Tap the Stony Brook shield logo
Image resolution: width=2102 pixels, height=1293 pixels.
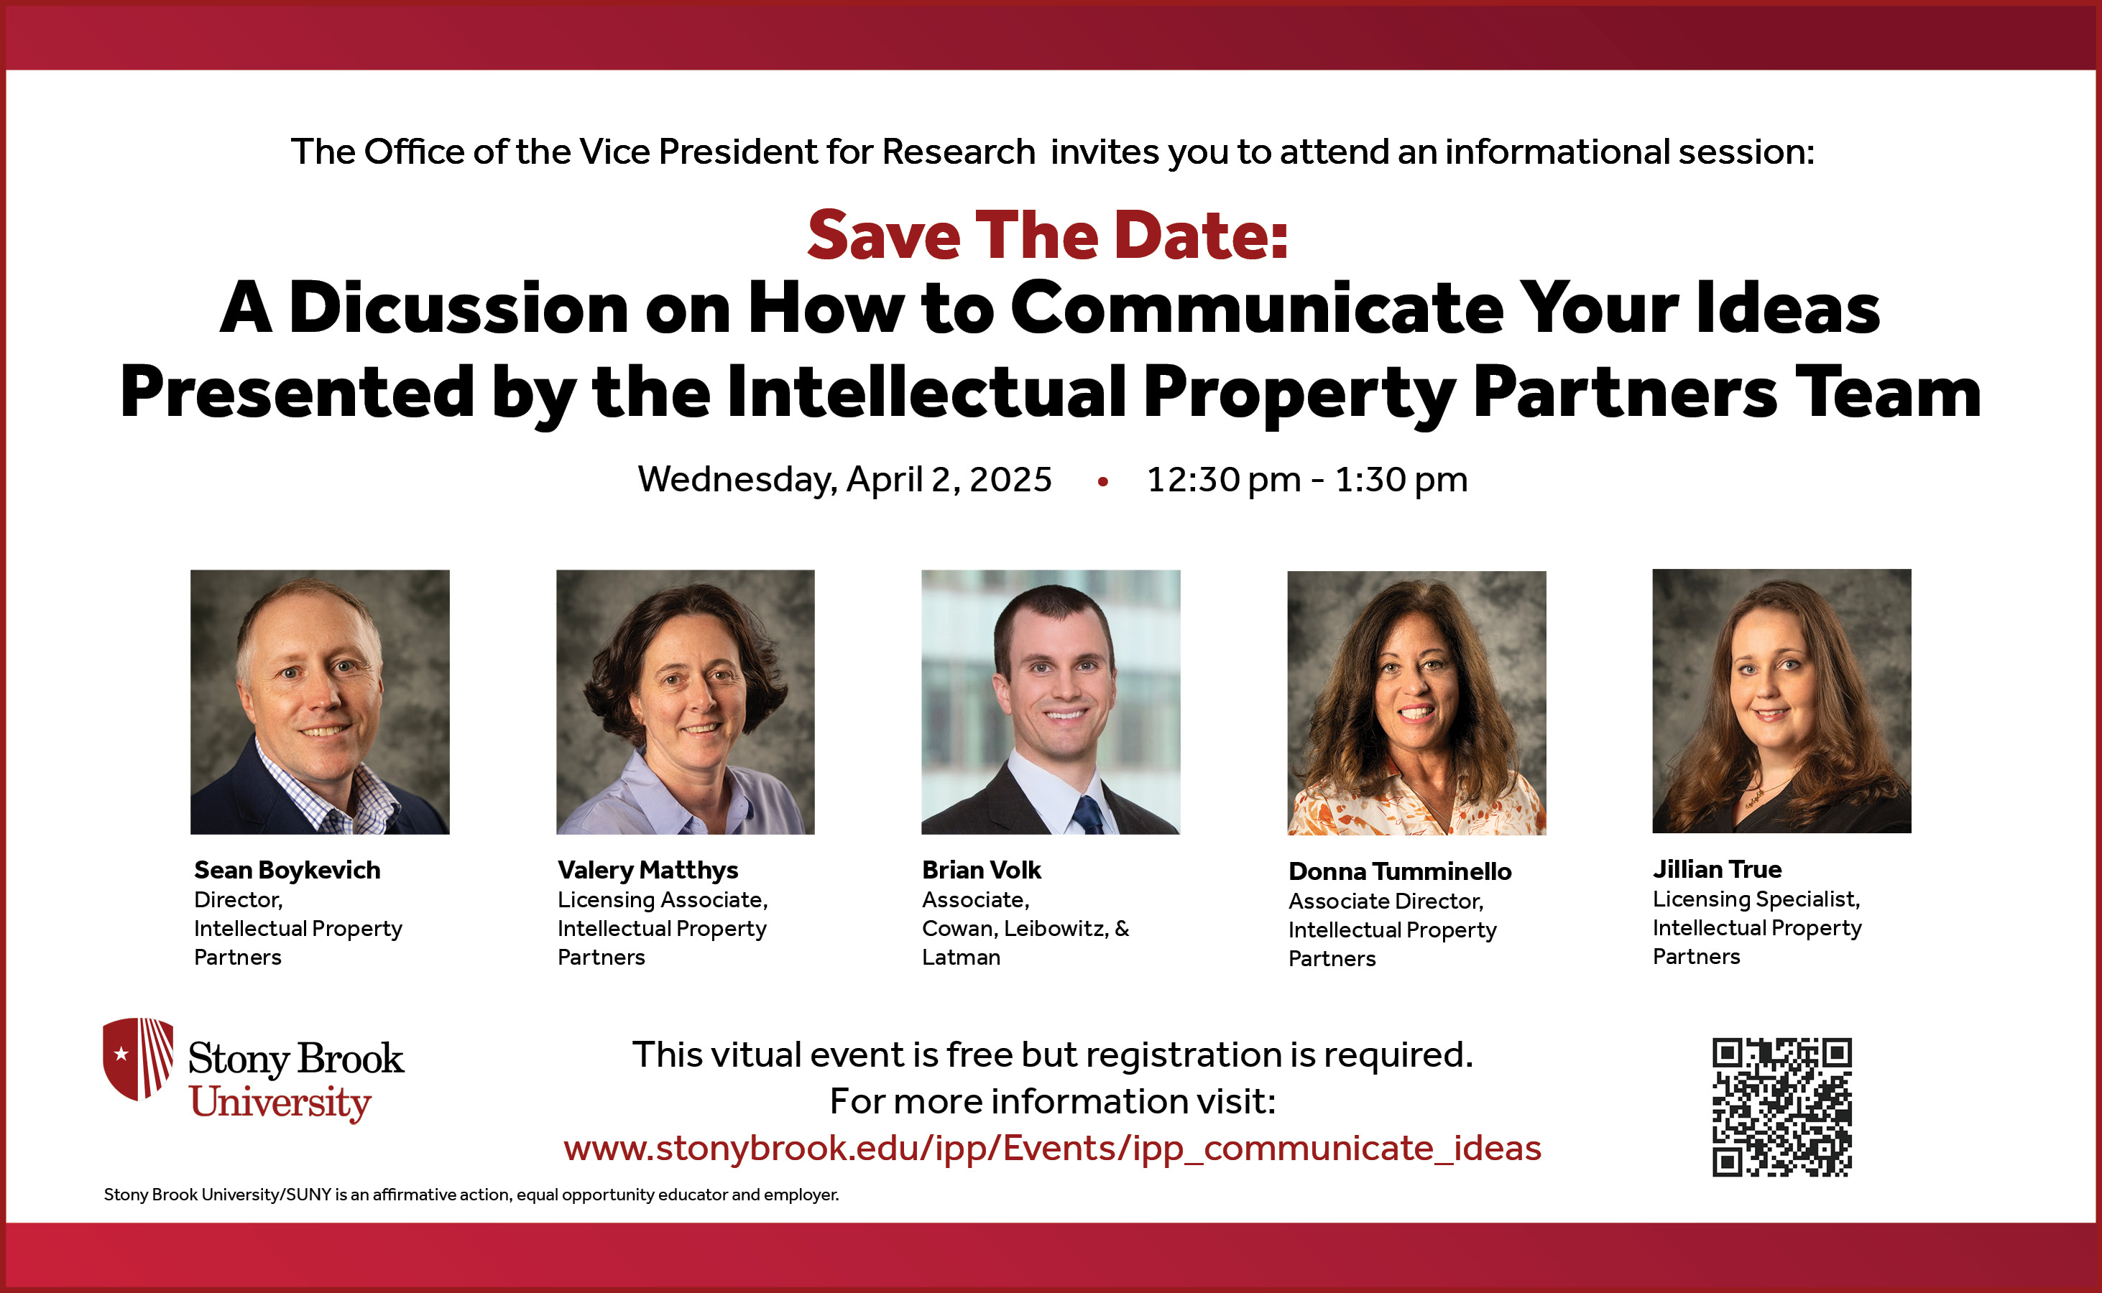tap(138, 1058)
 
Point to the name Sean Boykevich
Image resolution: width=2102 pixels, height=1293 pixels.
tap(287, 870)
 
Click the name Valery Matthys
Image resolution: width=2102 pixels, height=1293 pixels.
tap(647, 870)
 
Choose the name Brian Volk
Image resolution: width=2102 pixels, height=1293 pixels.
tap(981, 870)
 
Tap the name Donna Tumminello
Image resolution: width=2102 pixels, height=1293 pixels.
tap(1400, 871)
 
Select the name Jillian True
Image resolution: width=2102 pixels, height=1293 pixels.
tap(1716, 869)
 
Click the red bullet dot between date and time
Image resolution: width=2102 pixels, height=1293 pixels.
tap(1103, 482)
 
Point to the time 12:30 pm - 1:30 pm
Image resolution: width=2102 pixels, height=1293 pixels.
tap(1306, 480)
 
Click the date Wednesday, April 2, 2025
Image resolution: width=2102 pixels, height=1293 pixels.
tap(844, 480)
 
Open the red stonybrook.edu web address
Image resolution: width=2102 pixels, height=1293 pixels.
tap(1051, 1148)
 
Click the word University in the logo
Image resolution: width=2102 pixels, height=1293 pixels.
tap(280, 1103)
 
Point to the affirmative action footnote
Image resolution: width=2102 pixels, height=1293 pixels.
tap(471, 1195)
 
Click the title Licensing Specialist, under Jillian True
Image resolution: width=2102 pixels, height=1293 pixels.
tap(1756, 899)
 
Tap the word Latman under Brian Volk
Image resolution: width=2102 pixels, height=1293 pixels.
tap(961, 957)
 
